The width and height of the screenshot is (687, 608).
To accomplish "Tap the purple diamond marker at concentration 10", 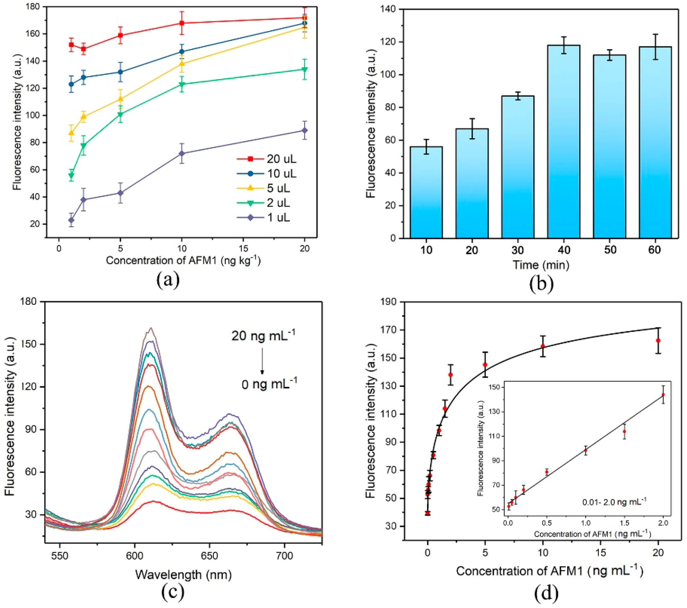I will tap(182, 153).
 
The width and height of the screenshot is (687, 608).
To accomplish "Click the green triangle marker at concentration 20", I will tap(304, 69).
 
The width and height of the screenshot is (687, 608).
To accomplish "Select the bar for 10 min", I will tap(426, 192).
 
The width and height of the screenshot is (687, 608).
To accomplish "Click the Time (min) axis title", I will tap(541, 265).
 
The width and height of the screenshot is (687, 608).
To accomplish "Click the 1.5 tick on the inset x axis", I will tap(625, 523).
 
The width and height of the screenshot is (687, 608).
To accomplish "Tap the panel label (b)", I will tap(541, 284).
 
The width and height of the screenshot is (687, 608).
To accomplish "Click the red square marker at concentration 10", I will tap(182, 23).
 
